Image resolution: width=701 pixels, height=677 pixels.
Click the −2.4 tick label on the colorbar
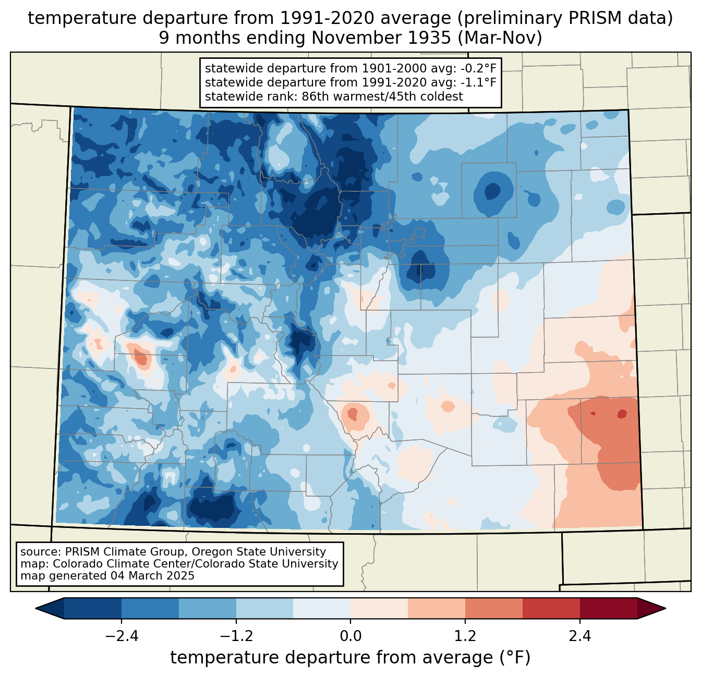point(122,636)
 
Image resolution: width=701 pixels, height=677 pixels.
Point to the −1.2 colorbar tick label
point(236,636)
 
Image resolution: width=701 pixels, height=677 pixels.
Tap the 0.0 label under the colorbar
point(350,636)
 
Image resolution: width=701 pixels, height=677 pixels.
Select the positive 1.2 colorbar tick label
point(465,636)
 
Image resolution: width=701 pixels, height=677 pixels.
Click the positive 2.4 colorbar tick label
point(579,636)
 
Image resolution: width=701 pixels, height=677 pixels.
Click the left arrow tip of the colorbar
point(35,609)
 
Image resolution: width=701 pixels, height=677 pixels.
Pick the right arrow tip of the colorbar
point(666,609)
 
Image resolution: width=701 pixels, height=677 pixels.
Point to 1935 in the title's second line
point(432,38)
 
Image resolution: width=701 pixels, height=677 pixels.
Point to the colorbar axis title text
point(350,657)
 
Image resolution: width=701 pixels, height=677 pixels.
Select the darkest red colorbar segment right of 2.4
point(609,609)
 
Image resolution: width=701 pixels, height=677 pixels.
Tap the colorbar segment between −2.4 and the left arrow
point(92,609)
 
